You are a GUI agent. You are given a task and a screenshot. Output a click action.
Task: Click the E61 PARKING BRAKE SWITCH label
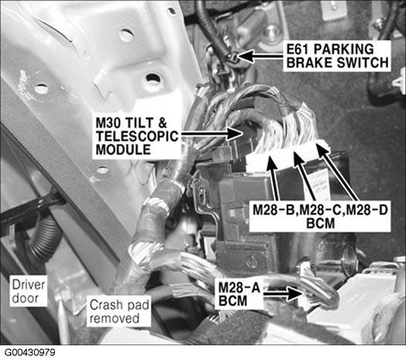click(x=337, y=56)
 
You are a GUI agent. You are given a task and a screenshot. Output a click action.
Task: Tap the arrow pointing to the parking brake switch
click(x=261, y=57)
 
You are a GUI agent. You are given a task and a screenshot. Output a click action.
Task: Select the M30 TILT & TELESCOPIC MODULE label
click(x=137, y=136)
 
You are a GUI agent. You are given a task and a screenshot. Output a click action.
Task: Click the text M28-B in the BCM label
click(x=273, y=210)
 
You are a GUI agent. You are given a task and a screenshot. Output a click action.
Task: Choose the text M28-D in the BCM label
click(x=367, y=210)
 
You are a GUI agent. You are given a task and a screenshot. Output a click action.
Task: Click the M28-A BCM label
click(x=239, y=294)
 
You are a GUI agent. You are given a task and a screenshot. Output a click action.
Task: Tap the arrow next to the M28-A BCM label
click(x=283, y=294)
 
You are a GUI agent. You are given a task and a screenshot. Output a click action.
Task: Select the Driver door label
click(x=29, y=292)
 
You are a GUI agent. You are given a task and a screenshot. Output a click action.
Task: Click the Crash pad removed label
click(x=119, y=311)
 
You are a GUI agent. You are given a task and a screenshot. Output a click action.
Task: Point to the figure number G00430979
click(x=30, y=352)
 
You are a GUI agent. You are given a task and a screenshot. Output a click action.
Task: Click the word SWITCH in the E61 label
click(x=363, y=63)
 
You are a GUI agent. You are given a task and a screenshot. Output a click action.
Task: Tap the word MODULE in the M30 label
click(x=123, y=149)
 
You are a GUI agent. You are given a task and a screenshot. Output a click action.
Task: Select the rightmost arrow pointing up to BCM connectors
click(x=337, y=173)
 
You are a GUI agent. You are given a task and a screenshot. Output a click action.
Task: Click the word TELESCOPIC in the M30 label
click(x=137, y=136)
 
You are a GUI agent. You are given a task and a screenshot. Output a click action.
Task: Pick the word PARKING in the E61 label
click(x=343, y=49)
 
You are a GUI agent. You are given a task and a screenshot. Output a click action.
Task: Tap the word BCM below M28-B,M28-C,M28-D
click(x=320, y=224)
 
